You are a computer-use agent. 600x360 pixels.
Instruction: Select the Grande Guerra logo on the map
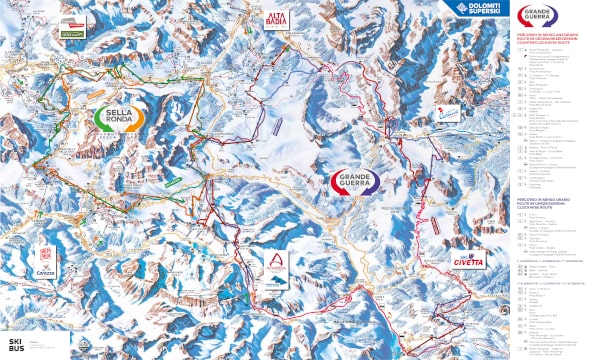pos(358,183)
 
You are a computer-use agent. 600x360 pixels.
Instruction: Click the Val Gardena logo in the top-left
pos(73,32)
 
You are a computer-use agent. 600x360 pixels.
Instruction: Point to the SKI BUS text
pos(14,345)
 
